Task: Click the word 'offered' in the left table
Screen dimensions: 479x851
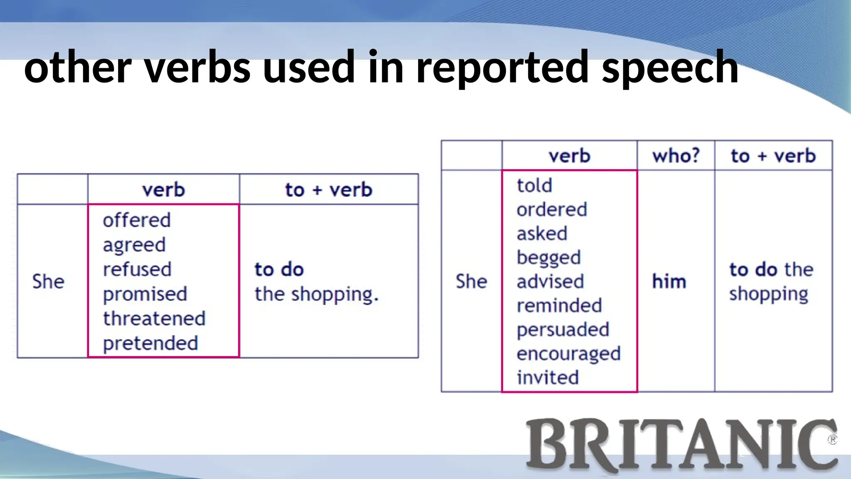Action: tap(137, 220)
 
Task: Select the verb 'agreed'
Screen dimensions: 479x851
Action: tap(134, 245)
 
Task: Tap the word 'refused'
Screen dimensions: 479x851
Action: tap(137, 269)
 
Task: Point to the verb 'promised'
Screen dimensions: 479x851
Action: tap(145, 294)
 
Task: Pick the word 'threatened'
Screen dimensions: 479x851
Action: tap(154, 319)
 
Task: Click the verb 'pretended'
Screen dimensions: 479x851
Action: tap(150, 343)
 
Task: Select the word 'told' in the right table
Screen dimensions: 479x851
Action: tap(534, 185)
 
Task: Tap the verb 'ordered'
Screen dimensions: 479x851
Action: tap(552, 210)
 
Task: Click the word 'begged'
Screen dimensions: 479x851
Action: tap(548, 258)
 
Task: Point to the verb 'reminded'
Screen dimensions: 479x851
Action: tap(559, 306)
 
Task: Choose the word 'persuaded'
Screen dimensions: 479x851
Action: tap(563, 330)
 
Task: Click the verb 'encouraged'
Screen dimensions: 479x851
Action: tap(568, 354)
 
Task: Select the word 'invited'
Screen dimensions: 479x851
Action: tap(548, 378)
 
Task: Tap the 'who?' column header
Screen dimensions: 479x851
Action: tap(676, 156)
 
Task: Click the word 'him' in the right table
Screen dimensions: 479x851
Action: tap(669, 281)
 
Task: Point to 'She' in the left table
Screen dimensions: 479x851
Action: tap(49, 281)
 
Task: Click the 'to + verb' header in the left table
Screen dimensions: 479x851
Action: tap(329, 190)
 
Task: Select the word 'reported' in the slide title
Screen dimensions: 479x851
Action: tap(503, 67)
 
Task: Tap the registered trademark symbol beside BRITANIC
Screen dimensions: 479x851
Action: tap(832, 440)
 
